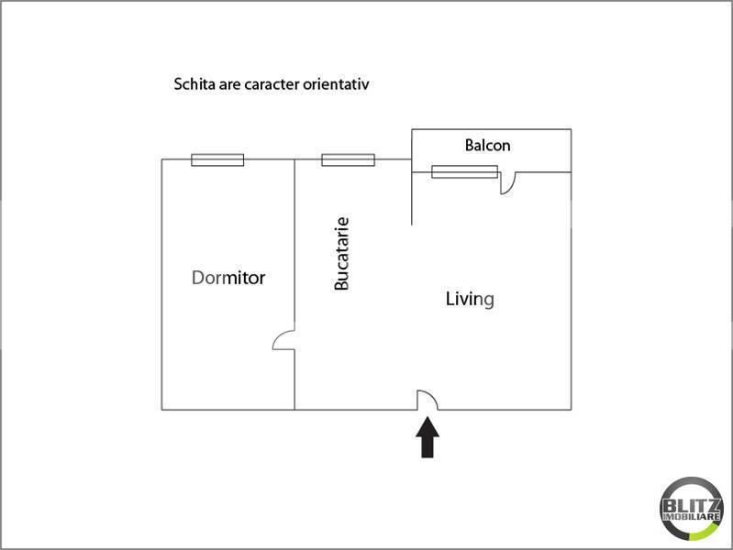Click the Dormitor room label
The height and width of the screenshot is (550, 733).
point(228,278)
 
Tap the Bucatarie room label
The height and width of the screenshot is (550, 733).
point(342,254)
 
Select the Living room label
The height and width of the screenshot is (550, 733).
point(470,299)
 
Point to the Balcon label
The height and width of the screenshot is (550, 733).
point(487,145)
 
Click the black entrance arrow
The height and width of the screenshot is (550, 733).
point(428,437)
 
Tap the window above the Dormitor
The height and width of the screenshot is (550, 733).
point(217,159)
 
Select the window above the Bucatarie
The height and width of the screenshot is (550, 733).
point(348,159)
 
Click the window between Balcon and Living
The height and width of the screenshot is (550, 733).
point(464,170)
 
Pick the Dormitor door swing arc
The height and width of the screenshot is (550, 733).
point(283,341)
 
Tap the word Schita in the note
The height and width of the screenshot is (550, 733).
point(192,84)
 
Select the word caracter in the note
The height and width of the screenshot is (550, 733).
point(272,84)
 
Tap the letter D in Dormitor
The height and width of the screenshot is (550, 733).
point(198,278)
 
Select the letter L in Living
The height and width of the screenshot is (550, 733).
point(450,298)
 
